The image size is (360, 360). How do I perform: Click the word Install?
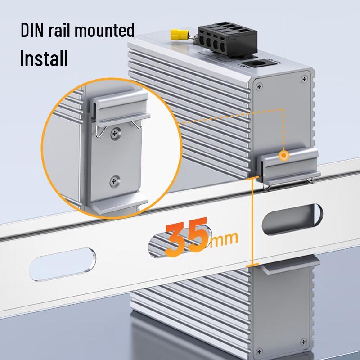pyautogui.click(x=44, y=58)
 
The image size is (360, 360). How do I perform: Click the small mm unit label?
pyautogui.click(x=225, y=238)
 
